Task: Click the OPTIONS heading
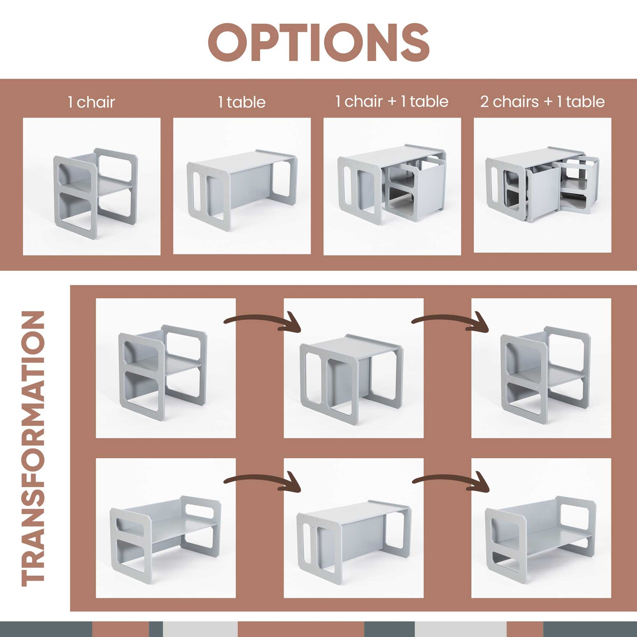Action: [x=318, y=42]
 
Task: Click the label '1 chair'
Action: [x=91, y=102]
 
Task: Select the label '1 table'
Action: [x=242, y=102]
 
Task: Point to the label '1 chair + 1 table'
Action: [x=392, y=101]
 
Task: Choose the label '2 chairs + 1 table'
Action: [x=542, y=101]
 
